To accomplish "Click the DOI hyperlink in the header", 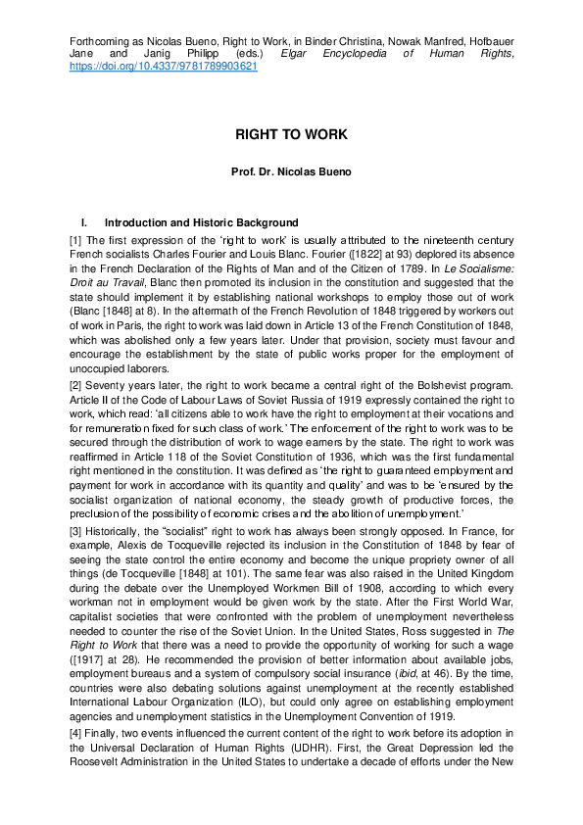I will (164, 68).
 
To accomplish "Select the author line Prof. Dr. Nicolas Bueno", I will (291, 171).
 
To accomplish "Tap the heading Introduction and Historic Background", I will (201, 223).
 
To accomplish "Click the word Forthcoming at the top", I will (97, 42).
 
